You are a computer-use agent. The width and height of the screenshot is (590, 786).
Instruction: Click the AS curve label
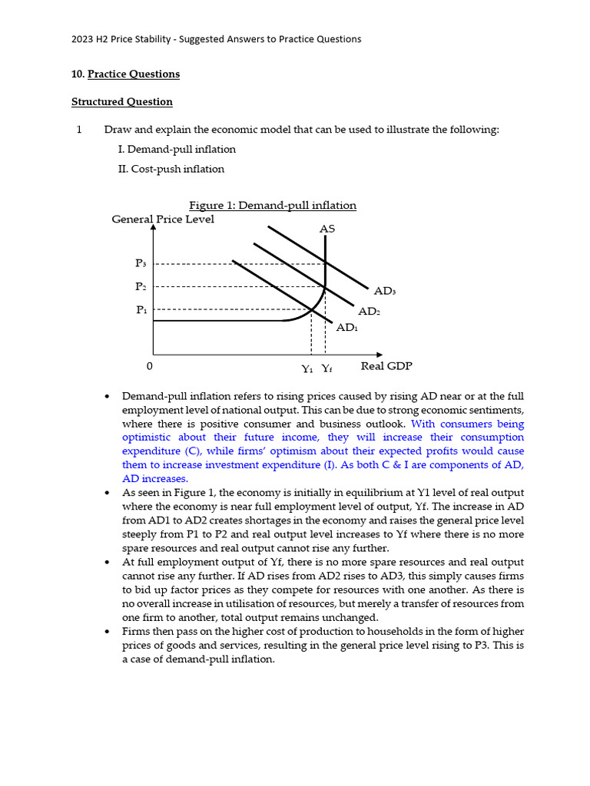tap(326, 229)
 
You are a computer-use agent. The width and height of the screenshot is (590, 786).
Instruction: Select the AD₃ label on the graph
tap(385, 291)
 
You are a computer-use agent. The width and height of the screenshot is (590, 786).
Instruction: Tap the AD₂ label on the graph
tap(369, 311)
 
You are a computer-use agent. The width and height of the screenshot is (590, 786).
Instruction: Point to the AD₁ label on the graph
tap(347, 327)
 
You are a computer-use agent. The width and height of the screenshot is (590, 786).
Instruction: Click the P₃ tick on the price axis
tap(141, 263)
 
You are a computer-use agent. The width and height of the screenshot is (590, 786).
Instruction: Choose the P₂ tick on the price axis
tap(141, 286)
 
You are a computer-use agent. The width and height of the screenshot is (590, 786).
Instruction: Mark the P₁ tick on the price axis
tap(141, 310)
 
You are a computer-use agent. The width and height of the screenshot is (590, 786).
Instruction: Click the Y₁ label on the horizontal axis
tap(307, 368)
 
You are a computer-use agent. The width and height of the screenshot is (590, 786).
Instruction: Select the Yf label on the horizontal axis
tap(326, 368)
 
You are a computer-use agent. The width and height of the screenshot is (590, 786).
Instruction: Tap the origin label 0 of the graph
tap(149, 366)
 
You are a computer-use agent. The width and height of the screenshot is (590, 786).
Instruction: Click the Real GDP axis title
tap(386, 366)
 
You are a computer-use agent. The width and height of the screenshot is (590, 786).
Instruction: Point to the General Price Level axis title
tap(163, 219)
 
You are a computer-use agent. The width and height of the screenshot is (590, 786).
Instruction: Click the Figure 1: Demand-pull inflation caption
tap(273, 205)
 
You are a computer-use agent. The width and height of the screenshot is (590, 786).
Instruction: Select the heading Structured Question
tap(122, 101)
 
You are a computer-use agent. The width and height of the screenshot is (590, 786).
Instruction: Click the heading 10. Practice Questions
tap(125, 74)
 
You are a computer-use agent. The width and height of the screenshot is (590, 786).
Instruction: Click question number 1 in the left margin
tap(79, 129)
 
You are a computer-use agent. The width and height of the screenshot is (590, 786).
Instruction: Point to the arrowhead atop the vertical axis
tap(154, 227)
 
